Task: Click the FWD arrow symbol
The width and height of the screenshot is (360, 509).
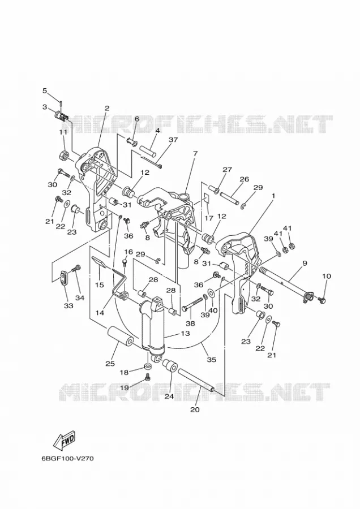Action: click(x=65, y=441)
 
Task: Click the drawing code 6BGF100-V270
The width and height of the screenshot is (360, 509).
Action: click(x=67, y=459)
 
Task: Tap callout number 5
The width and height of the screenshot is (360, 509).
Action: click(x=45, y=91)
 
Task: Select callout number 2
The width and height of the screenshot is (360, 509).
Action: click(x=107, y=108)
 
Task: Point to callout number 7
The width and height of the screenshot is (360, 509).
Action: click(x=195, y=153)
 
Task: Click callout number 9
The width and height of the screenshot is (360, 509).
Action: click(x=305, y=264)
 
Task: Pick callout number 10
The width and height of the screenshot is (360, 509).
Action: click(x=327, y=276)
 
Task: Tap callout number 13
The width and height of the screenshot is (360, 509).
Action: click(x=186, y=333)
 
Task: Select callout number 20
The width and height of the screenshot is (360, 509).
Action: click(x=195, y=409)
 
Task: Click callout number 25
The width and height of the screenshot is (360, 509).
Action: click(x=110, y=364)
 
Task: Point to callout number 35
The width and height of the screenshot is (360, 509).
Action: click(x=212, y=360)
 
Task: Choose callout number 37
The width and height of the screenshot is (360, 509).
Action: click(x=174, y=140)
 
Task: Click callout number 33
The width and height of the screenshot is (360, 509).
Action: click(x=68, y=305)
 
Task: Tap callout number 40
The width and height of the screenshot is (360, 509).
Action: click(x=213, y=310)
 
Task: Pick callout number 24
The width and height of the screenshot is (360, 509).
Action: click(x=169, y=396)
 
